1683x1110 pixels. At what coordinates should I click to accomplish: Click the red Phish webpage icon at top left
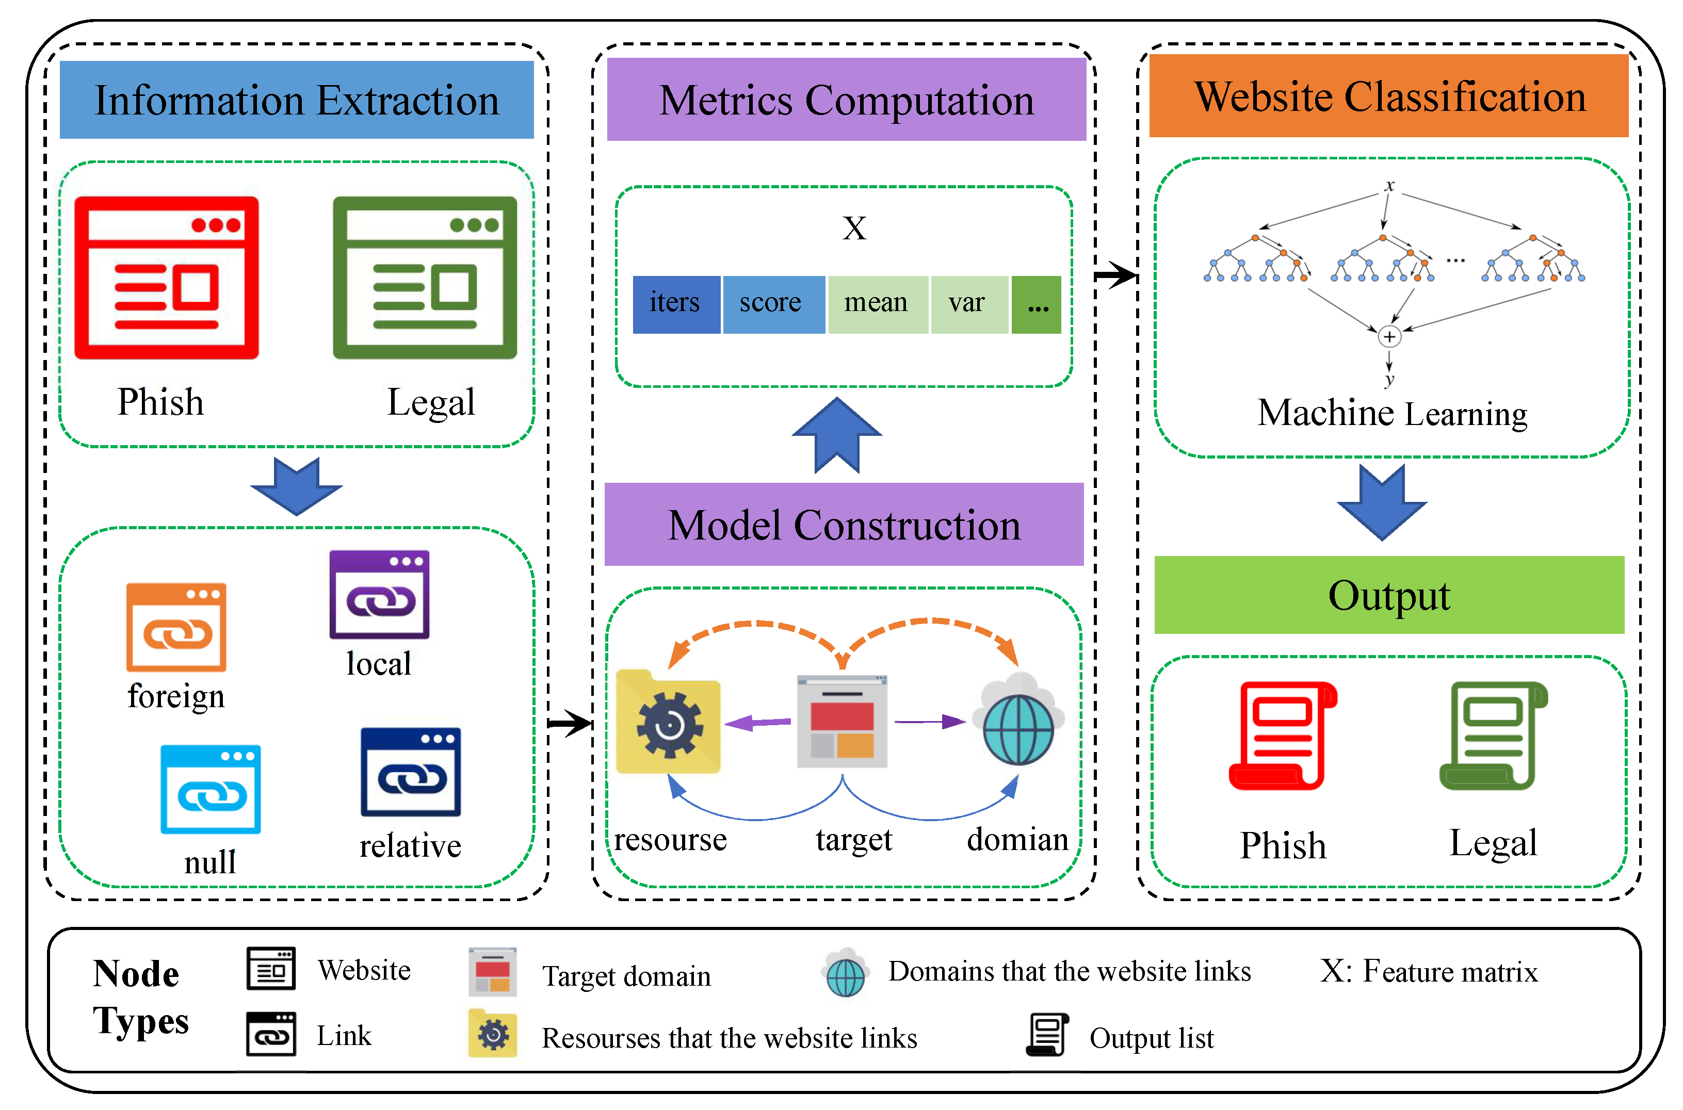point(166,277)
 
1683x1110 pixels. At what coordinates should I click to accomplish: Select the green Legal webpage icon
point(425,277)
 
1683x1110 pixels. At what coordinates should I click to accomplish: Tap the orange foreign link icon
point(176,627)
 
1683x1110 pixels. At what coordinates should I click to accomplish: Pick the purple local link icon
point(380,595)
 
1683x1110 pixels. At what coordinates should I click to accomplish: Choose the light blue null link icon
point(211,789)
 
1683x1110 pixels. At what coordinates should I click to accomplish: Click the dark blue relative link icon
point(411,772)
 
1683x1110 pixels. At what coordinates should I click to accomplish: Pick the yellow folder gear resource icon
point(668,722)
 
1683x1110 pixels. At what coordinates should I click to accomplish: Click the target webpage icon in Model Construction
point(842,722)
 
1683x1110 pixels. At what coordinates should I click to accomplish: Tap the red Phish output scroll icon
point(1282,736)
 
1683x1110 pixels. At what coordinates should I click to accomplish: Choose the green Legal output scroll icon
point(1493,736)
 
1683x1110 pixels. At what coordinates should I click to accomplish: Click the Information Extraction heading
point(297,100)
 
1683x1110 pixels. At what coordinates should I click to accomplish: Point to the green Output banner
point(1388,595)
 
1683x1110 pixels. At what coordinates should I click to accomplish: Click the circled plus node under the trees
point(1389,337)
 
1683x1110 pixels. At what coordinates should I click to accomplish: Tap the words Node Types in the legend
point(140,998)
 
